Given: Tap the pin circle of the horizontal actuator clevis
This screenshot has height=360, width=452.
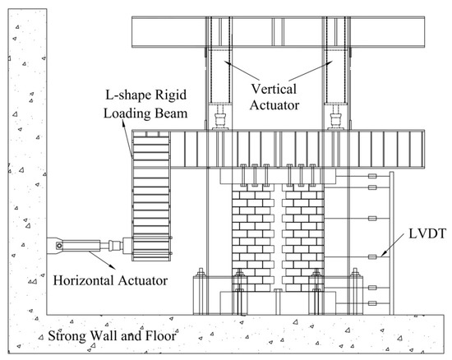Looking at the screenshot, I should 59,244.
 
